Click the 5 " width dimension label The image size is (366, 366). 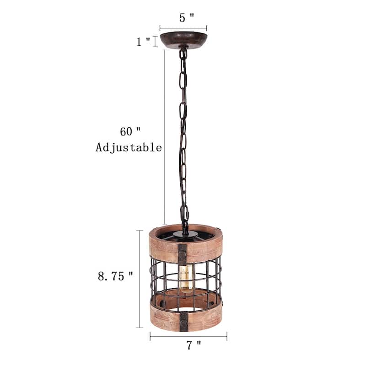pos(186,18)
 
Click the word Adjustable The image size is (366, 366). pos(129,147)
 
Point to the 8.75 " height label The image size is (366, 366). pos(115,276)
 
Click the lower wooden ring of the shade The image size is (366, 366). pos(204,316)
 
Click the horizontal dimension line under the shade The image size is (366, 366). pos(188,337)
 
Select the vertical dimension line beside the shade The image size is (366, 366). pos(140,279)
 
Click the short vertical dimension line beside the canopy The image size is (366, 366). pos(155,41)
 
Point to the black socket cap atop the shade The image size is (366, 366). pos(185,234)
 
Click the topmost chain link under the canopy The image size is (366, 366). pos(183,54)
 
